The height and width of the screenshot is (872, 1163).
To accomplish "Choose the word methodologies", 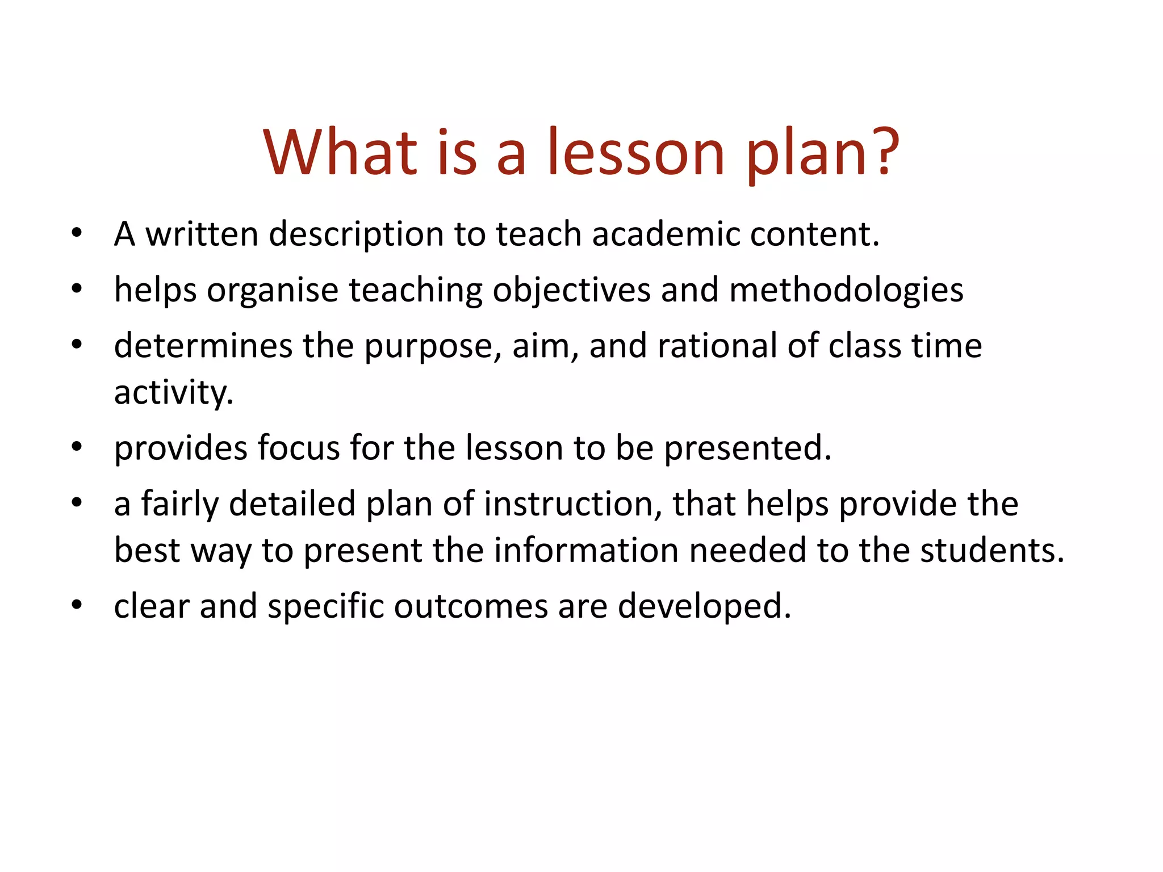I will pyautogui.click(x=846, y=291).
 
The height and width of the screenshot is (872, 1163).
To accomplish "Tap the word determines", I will pyautogui.click(x=203, y=346).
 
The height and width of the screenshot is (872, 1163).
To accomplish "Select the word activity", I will pyautogui.click(x=173, y=392).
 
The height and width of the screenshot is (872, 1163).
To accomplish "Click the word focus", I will pyautogui.click(x=299, y=447).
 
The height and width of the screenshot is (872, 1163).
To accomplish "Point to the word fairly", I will pyautogui.click(x=179, y=504).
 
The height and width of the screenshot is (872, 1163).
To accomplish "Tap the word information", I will pyautogui.click(x=586, y=551).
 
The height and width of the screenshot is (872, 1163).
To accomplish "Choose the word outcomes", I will pyautogui.click(x=471, y=606).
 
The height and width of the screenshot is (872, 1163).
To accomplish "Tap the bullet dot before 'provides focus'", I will pyautogui.click(x=77, y=446).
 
